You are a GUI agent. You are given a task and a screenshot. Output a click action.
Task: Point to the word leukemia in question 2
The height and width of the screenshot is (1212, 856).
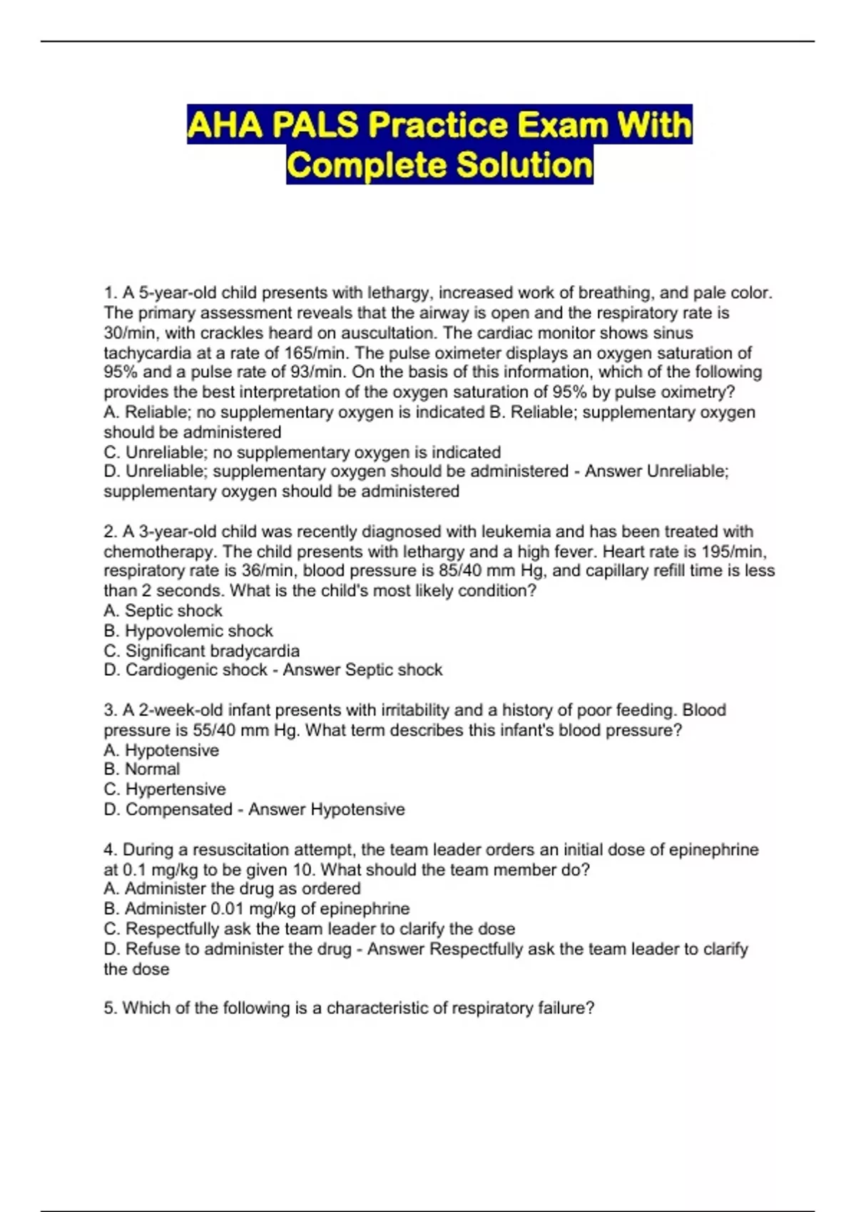516,532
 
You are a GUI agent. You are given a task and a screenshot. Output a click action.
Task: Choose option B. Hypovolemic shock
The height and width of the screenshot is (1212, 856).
188,631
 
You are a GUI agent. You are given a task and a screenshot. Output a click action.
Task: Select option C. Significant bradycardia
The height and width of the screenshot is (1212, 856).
202,651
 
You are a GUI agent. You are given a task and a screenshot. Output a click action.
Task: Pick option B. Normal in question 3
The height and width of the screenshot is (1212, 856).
142,769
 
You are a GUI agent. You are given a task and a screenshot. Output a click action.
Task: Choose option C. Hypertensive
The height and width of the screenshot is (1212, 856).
165,789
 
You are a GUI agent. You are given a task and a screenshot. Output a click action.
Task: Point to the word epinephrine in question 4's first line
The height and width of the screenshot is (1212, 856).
713,850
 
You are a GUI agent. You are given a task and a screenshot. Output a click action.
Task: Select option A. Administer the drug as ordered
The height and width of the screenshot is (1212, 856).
232,889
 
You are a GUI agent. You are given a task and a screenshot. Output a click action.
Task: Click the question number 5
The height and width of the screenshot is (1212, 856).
109,1008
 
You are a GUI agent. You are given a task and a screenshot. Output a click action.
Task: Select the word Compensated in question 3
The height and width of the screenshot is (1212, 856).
179,810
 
